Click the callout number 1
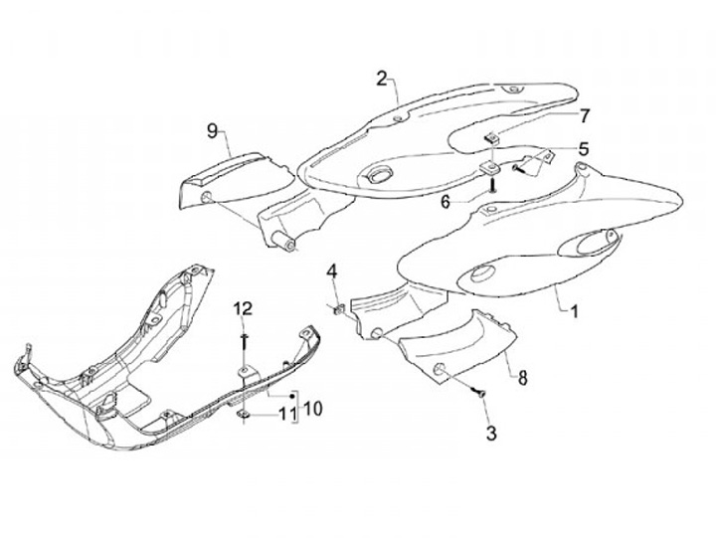tap(574, 309)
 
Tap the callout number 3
tap(490, 433)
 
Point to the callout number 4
tap(333, 270)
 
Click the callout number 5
tap(584, 149)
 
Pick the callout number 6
tap(474, 200)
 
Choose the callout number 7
tap(585, 114)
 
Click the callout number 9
tap(212, 130)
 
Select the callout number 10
tap(312, 408)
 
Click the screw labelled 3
tap(477, 395)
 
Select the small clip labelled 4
tap(339, 309)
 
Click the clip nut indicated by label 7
tap(491, 136)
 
